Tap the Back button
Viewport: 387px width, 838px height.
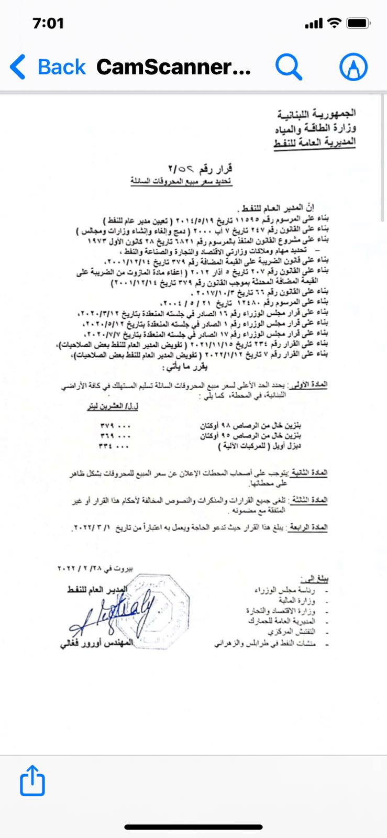click(x=48, y=67)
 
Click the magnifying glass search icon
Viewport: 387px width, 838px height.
click(x=289, y=67)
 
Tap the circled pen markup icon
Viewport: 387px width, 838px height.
click(x=353, y=67)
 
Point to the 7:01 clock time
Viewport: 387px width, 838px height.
click(x=48, y=24)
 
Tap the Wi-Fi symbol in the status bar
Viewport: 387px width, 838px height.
click(x=334, y=23)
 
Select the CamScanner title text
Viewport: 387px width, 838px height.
click(x=173, y=67)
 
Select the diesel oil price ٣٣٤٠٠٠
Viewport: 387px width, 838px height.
click(x=114, y=447)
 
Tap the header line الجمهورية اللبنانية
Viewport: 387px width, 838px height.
click(x=316, y=114)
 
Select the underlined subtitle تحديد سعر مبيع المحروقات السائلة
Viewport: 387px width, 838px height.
click(x=181, y=182)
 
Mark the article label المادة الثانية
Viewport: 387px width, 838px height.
click(x=312, y=473)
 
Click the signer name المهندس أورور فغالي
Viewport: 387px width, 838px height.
click(x=96, y=643)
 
